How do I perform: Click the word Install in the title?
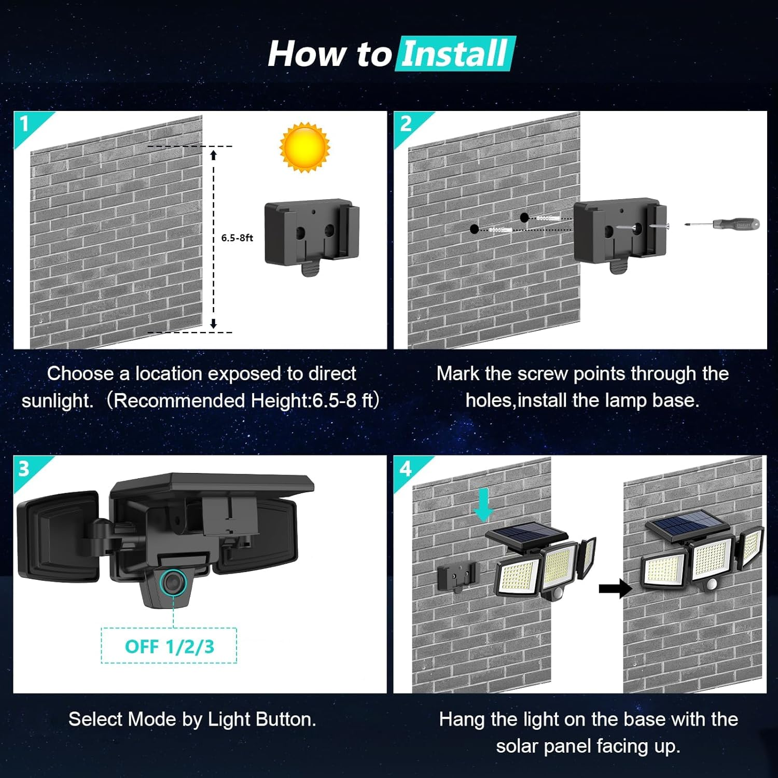[x=455, y=54]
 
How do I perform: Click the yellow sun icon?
[x=304, y=147]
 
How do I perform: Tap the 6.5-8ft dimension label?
[x=237, y=238]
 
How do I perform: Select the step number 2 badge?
[x=406, y=124]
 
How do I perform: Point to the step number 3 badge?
[x=24, y=469]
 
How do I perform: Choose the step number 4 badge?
[x=405, y=469]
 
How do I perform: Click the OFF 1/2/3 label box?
[x=169, y=646]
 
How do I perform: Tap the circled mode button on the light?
[x=173, y=582]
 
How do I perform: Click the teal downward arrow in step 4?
[x=483, y=505]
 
